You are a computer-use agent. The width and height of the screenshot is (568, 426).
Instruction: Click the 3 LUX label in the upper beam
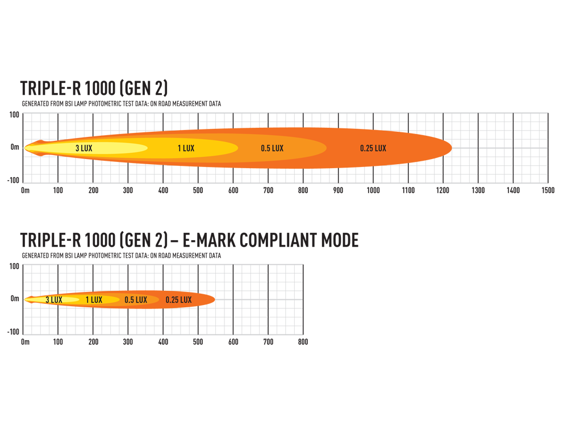84,148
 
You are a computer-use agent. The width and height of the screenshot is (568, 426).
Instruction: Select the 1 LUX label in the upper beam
186,148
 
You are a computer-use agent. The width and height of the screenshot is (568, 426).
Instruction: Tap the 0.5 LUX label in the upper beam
272,148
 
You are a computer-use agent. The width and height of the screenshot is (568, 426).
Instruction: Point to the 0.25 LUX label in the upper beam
373,148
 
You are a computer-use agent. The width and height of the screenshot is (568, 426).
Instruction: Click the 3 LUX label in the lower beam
53,299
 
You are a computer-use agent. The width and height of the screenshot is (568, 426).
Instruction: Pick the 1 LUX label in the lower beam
94,299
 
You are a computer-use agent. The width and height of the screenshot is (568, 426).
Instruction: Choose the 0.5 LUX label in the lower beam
136,299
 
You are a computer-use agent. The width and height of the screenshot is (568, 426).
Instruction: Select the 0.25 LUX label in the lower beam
178,299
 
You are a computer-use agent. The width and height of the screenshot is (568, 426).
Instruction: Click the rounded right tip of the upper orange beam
450,148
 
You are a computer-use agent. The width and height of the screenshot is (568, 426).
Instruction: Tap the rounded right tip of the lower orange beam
214,299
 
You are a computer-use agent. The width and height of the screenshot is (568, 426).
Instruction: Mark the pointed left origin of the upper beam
25,148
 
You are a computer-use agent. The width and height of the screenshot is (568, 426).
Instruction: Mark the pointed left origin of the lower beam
25,299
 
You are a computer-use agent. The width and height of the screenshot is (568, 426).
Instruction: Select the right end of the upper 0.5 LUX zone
326,148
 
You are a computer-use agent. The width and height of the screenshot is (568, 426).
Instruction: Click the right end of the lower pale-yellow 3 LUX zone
79,299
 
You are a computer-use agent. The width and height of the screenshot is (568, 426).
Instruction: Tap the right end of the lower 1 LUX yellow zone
120,299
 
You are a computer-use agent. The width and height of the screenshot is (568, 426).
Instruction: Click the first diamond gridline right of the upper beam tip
478,148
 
